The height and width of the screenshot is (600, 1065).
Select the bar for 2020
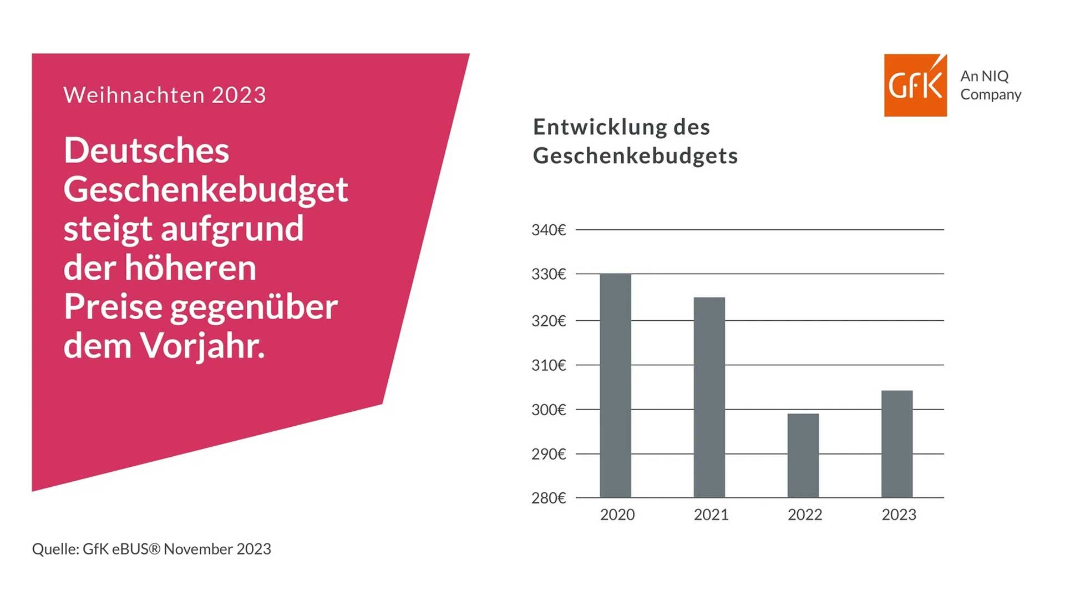click(615, 385)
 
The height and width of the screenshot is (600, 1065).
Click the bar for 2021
click(709, 397)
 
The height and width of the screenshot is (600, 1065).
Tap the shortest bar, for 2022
click(803, 455)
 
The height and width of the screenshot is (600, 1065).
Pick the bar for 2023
click(896, 443)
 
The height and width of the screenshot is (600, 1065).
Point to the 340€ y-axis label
click(549, 230)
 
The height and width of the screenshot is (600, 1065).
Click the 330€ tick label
click(549, 274)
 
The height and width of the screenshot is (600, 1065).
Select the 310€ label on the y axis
click(549, 365)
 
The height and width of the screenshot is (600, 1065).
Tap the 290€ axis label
click(549, 454)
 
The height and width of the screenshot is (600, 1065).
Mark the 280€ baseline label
click(549, 498)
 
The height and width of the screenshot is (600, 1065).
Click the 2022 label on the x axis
click(805, 515)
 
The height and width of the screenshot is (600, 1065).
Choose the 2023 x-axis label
click(899, 515)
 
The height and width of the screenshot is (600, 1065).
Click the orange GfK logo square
click(915, 85)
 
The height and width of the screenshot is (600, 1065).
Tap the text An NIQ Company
click(990, 85)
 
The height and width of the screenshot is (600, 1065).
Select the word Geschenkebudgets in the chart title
click(635, 156)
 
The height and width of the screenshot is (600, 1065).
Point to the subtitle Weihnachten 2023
click(165, 95)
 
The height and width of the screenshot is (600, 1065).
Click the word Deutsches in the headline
click(146, 150)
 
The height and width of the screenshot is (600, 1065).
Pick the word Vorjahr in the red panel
click(202, 345)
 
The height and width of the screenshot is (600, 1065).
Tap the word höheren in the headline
click(190, 268)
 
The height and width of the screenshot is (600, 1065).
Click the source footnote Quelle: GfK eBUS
click(151, 549)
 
